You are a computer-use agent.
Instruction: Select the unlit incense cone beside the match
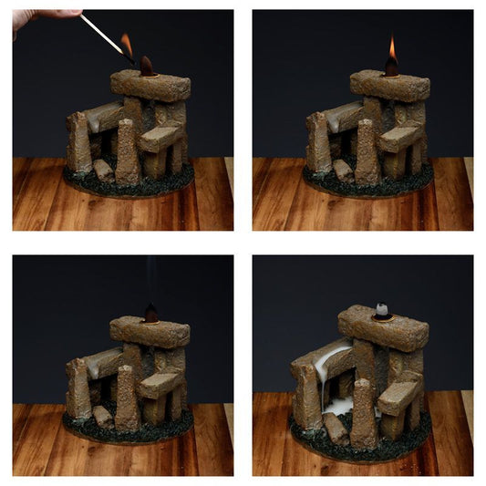tap(146, 65)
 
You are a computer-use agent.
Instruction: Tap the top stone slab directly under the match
tap(150, 86)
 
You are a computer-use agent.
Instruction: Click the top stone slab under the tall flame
tap(390, 85)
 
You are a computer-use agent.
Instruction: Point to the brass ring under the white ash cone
tap(384, 318)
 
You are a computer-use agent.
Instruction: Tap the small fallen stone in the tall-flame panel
tap(344, 170)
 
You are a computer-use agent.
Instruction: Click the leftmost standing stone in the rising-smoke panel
tap(77, 388)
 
